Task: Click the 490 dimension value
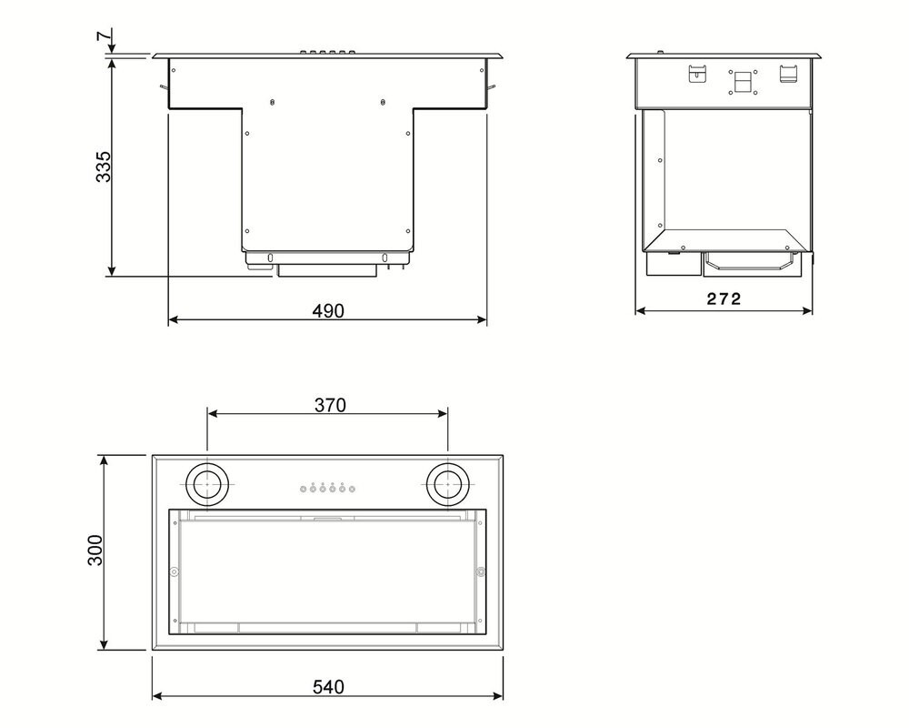(x=328, y=310)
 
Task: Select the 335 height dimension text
(x=105, y=167)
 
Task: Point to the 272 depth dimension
(x=724, y=299)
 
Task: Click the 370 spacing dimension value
(x=329, y=406)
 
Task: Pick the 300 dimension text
(x=96, y=551)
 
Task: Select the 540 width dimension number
(x=328, y=687)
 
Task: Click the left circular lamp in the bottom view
(x=209, y=485)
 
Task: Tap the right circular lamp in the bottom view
(x=447, y=485)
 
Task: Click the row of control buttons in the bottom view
(x=327, y=489)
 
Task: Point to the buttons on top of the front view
(x=328, y=53)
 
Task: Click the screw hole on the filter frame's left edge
(x=173, y=571)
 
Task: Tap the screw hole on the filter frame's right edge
(x=481, y=571)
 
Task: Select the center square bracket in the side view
(x=741, y=82)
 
